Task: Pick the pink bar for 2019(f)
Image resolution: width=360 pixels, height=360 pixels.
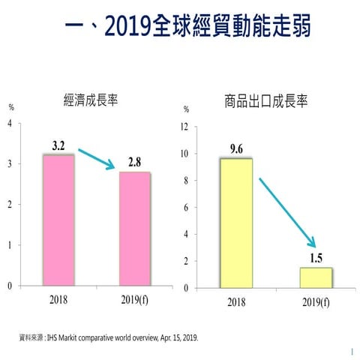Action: coord(134,229)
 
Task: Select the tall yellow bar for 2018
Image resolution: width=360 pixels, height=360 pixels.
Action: coord(235,223)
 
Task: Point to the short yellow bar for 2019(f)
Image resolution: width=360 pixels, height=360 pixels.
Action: coord(315,277)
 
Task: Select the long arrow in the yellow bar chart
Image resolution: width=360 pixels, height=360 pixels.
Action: coord(286,211)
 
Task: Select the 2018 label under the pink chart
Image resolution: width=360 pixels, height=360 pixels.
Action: coord(58,298)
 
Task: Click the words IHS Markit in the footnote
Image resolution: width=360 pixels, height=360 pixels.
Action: coord(64,337)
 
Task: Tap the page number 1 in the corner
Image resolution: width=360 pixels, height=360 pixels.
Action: coord(351,350)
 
